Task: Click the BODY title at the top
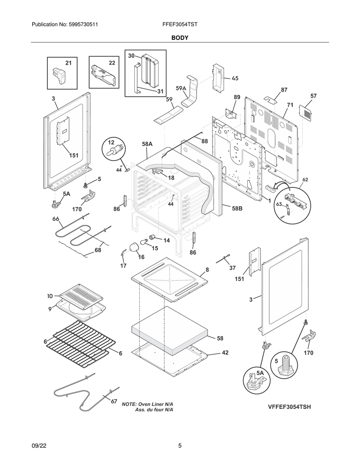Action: [x=180, y=38]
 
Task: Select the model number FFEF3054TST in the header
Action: [x=180, y=25]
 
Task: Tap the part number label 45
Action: [x=235, y=78]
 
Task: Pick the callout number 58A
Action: [x=147, y=144]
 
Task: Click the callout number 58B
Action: [x=237, y=208]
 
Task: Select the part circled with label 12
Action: [x=114, y=150]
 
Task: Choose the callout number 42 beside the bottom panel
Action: [x=225, y=352]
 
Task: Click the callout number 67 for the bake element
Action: [x=114, y=402]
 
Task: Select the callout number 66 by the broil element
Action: [x=55, y=219]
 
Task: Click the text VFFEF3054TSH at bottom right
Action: [x=289, y=407]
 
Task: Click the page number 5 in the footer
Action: [x=180, y=446]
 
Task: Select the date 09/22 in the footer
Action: [x=39, y=446]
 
